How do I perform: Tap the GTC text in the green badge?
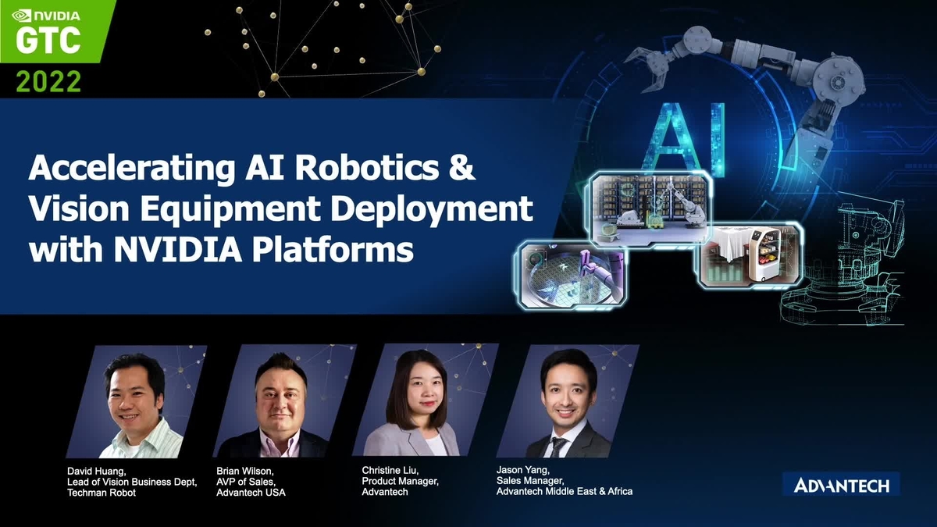[48, 41]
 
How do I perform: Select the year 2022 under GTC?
[48, 81]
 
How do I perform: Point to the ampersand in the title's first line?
[464, 169]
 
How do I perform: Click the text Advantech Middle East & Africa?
[564, 491]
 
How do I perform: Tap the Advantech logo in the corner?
[841, 485]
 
